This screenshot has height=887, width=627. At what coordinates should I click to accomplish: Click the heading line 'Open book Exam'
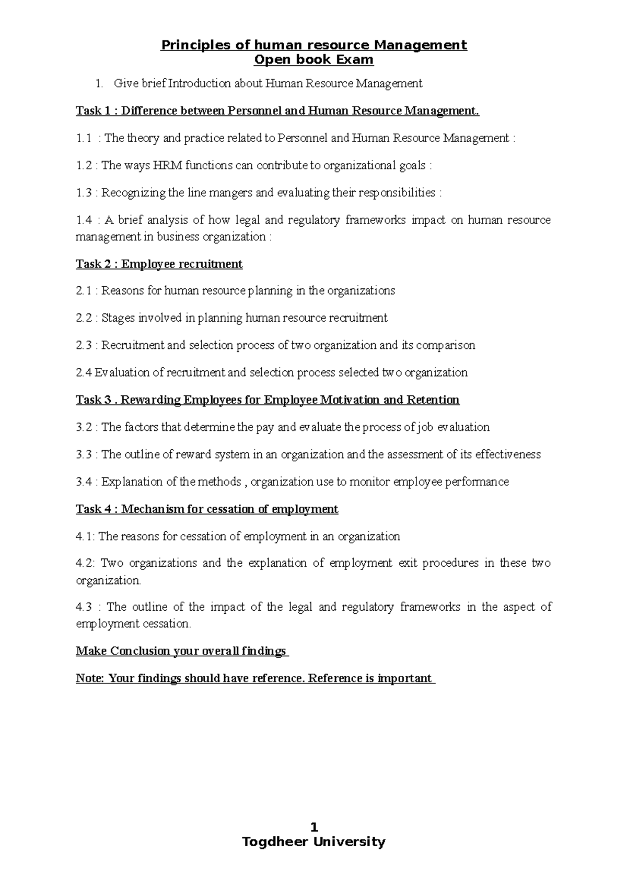point(313,60)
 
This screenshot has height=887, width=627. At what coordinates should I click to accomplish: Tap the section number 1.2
point(84,166)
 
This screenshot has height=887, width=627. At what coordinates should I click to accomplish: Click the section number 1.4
point(84,220)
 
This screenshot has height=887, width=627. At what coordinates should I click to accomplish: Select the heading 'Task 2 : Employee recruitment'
point(159,264)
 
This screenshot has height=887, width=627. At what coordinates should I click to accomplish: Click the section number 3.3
point(84,454)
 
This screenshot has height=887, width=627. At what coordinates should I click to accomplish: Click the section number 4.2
point(85,563)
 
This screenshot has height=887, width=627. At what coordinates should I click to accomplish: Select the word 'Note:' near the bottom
point(90,679)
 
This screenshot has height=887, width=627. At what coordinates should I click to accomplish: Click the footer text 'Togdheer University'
point(313,842)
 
